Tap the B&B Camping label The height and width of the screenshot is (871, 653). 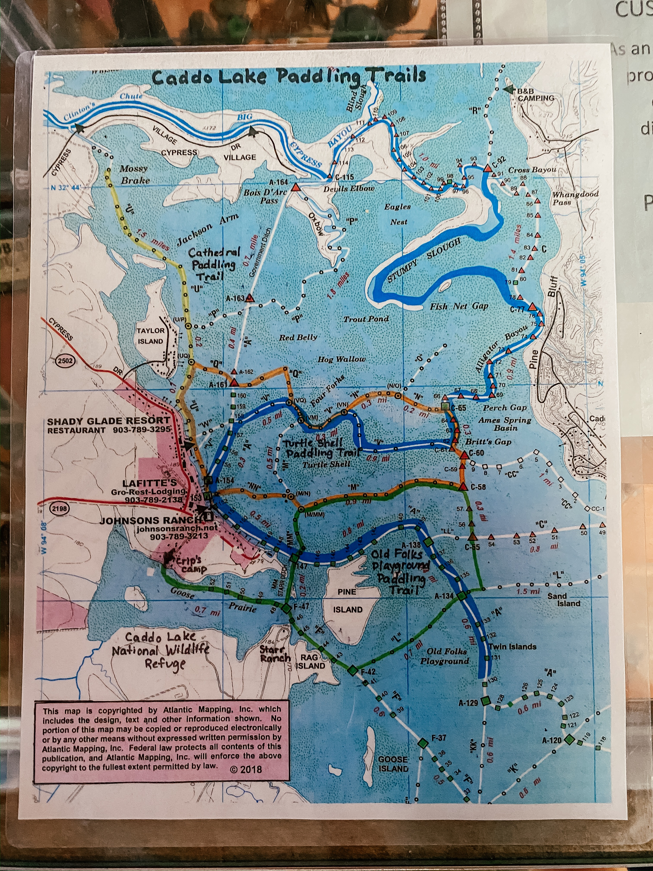(535, 94)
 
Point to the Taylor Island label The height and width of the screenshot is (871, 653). (150, 336)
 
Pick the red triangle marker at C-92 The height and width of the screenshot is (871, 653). (488, 168)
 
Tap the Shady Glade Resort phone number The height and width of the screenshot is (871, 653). (142, 430)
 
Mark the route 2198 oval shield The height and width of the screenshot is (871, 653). (59, 508)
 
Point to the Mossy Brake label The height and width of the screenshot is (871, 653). (134, 174)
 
